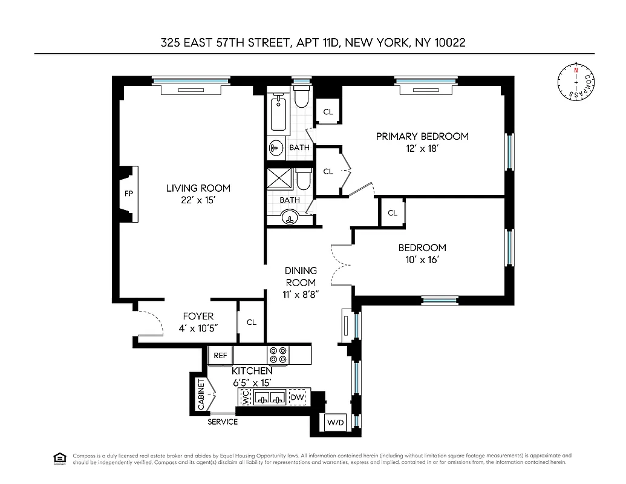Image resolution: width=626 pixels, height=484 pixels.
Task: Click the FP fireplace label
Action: [128, 194]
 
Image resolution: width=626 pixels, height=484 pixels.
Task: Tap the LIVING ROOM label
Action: [198, 188]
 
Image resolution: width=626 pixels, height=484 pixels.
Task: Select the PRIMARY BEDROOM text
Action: [422, 136]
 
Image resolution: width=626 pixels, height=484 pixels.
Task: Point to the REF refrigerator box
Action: [220, 356]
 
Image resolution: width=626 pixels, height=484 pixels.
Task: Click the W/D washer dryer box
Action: [335, 422]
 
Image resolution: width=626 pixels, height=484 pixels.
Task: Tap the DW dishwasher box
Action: [298, 397]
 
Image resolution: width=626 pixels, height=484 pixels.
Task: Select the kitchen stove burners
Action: [278, 355]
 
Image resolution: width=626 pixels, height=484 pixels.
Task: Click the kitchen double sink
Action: [270, 397]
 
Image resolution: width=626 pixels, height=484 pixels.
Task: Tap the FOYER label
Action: [198, 316]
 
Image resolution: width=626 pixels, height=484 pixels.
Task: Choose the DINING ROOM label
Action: [300, 276]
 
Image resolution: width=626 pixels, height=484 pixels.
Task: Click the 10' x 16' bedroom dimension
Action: [422, 260]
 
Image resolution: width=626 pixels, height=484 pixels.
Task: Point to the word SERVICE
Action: [223, 422]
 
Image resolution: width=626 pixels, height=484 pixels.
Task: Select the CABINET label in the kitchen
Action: [200, 394]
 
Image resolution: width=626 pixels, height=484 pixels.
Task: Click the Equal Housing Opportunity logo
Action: [59, 459]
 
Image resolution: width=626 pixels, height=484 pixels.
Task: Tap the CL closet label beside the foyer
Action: [251, 322]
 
